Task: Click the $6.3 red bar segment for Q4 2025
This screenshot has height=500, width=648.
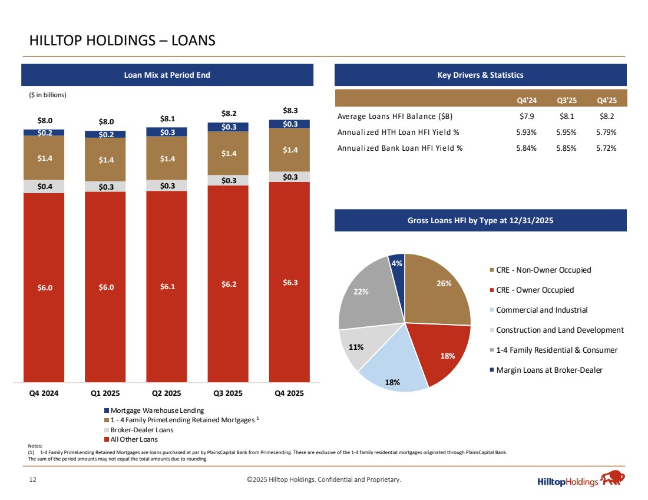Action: pyautogui.click(x=290, y=282)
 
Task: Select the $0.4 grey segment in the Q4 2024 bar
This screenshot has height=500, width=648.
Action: pyautogui.click(x=44, y=187)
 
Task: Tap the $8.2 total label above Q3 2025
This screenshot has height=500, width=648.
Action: pyautogui.click(x=228, y=112)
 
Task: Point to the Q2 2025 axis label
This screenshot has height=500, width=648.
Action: pyautogui.click(x=167, y=393)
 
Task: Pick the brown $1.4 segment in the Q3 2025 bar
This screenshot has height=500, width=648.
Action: pyautogui.click(x=228, y=153)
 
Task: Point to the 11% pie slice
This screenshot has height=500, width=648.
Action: pyautogui.click(x=355, y=347)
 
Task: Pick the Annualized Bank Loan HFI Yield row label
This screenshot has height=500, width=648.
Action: pyautogui.click(x=400, y=148)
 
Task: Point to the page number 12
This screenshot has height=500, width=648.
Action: pyautogui.click(x=33, y=480)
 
